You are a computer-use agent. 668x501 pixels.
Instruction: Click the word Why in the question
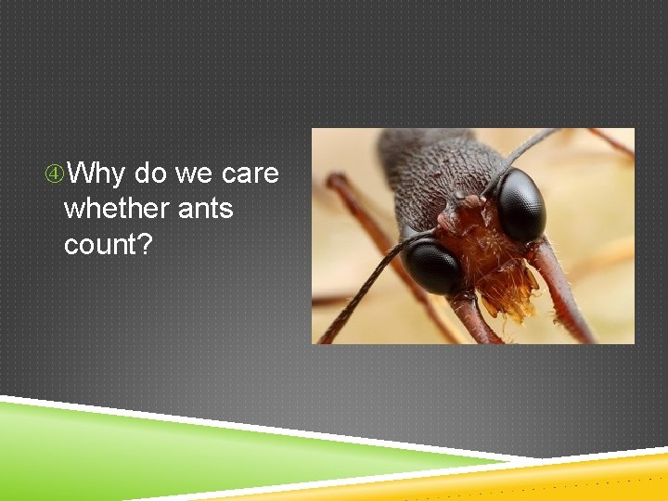(x=97, y=173)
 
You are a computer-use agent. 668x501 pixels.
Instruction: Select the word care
(x=250, y=173)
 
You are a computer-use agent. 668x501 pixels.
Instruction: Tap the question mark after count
(x=145, y=244)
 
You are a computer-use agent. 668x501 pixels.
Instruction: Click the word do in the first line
(x=151, y=173)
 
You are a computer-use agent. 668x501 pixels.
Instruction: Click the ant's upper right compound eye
(x=520, y=204)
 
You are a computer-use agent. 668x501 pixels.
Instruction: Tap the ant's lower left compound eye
(x=431, y=265)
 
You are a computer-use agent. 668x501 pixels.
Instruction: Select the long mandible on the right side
(x=561, y=288)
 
